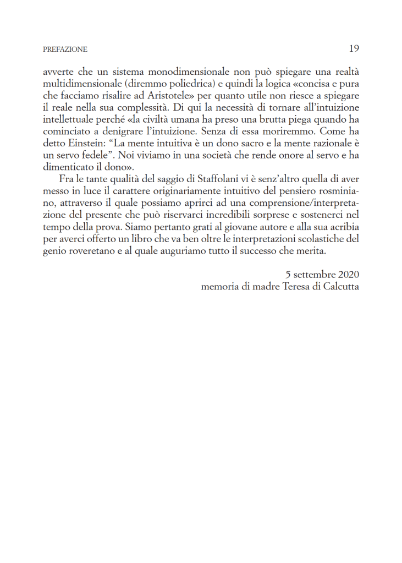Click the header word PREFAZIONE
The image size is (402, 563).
[x=65, y=50]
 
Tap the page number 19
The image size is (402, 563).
[x=354, y=48]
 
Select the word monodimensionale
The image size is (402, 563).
[x=191, y=72]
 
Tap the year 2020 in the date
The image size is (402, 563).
[x=349, y=275]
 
